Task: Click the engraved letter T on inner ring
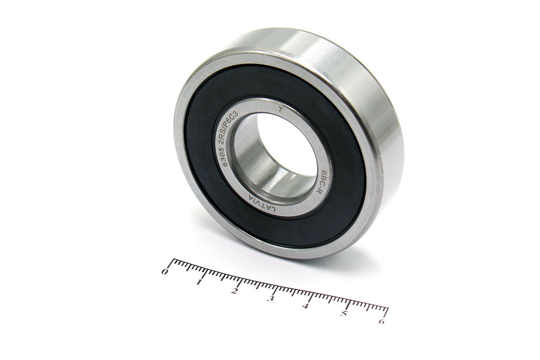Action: tap(280, 110)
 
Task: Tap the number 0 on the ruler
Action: tap(165, 272)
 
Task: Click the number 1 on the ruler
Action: tap(199, 282)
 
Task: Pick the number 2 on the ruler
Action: tap(234, 291)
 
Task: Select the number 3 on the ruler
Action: tap(270, 299)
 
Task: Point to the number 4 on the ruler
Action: tap(306, 306)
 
